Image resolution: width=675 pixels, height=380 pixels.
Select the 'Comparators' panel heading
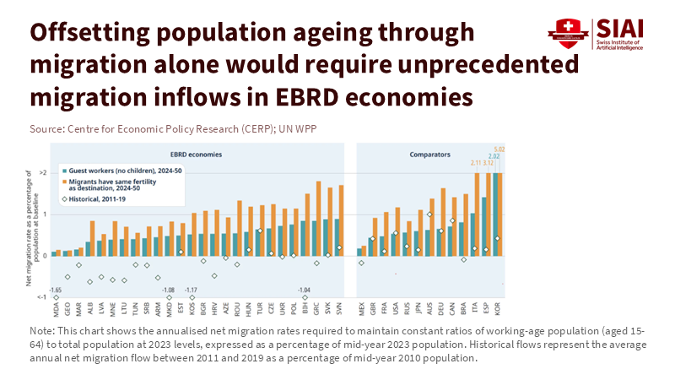click(429, 155)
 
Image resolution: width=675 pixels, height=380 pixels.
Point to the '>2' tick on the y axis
click(43, 172)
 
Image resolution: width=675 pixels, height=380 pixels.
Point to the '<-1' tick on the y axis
click(43, 298)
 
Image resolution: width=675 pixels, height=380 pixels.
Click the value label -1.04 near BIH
click(305, 290)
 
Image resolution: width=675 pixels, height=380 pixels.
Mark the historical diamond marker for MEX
click(361, 263)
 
